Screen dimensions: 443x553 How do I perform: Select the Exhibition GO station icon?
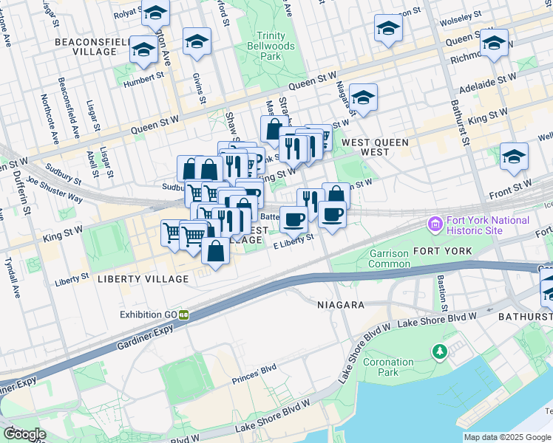tap(183, 315)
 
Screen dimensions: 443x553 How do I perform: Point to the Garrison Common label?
tap(390, 258)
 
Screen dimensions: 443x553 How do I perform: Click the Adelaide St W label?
tap(486, 83)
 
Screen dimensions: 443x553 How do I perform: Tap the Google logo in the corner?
tap(24, 434)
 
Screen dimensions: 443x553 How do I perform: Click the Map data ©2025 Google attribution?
tap(507, 437)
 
